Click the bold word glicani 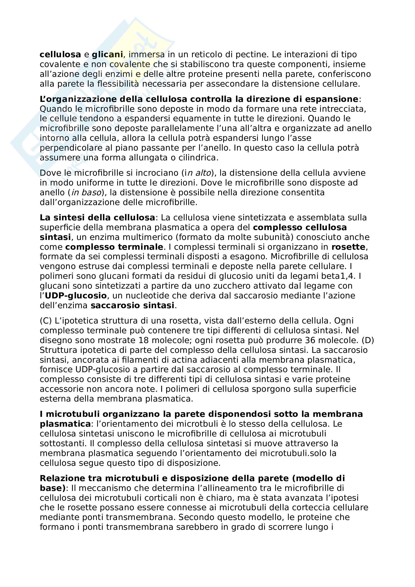tap(107, 54)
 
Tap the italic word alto tap(203, 173)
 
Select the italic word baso tap(91, 192)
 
